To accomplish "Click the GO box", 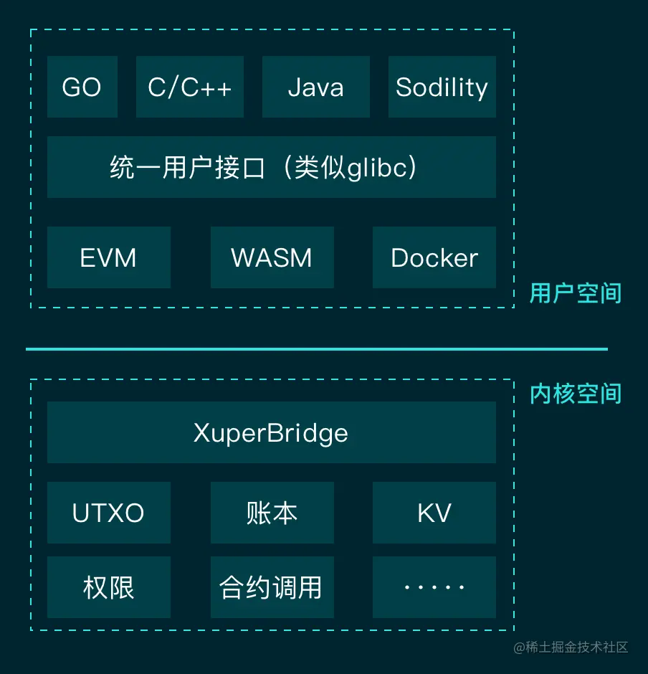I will [x=82, y=87].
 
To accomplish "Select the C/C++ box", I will [x=190, y=87].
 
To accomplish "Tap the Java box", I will [x=315, y=87].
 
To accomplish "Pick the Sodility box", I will [x=442, y=87].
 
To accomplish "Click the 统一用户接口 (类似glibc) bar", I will [x=271, y=167].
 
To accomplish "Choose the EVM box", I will [x=109, y=257].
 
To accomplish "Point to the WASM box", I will [x=272, y=257].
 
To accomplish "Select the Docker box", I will [x=434, y=257].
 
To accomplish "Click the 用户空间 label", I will [x=576, y=293].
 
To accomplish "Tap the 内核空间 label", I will [x=576, y=394].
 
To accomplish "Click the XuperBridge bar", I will [x=271, y=432].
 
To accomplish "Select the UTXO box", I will [x=109, y=513].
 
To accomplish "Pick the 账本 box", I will [x=272, y=513].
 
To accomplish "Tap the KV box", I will [x=434, y=513].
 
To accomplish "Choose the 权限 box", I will [x=109, y=587].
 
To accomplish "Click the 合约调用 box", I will [x=272, y=587].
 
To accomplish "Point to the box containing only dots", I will [x=434, y=587].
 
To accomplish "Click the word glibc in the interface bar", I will [x=377, y=168].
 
